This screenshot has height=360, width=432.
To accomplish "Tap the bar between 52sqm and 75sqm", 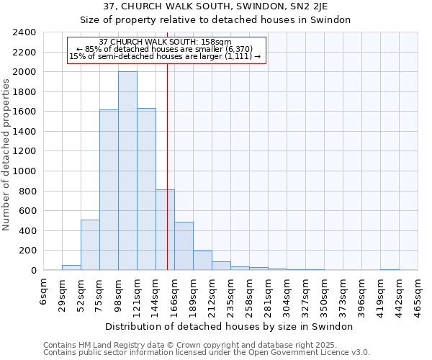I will (90, 245).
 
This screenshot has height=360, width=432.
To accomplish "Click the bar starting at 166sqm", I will (184, 246).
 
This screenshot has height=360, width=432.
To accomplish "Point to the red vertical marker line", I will (167, 180).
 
